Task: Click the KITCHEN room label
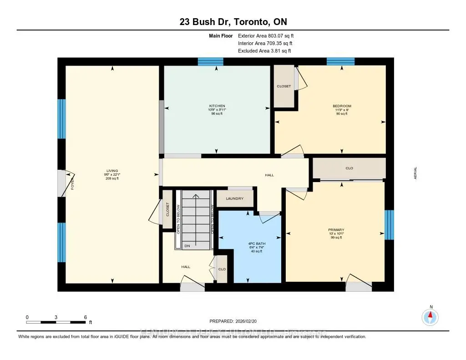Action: (216, 106)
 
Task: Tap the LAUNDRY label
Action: (235, 198)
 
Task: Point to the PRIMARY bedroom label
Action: (337, 230)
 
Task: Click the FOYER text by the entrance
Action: (72, 184)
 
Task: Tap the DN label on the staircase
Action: (187, 246)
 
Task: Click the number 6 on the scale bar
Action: (85, 317)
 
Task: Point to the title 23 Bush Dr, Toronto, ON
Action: (233, 21)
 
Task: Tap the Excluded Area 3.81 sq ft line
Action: (264, 51)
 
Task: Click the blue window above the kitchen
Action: (210, 61)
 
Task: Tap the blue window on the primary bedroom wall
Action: (389, 224)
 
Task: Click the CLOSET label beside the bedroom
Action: (284, 86)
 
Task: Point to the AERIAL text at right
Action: (415, 173)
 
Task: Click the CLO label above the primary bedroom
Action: (349, 168)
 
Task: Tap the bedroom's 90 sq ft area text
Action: (342, 113)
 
